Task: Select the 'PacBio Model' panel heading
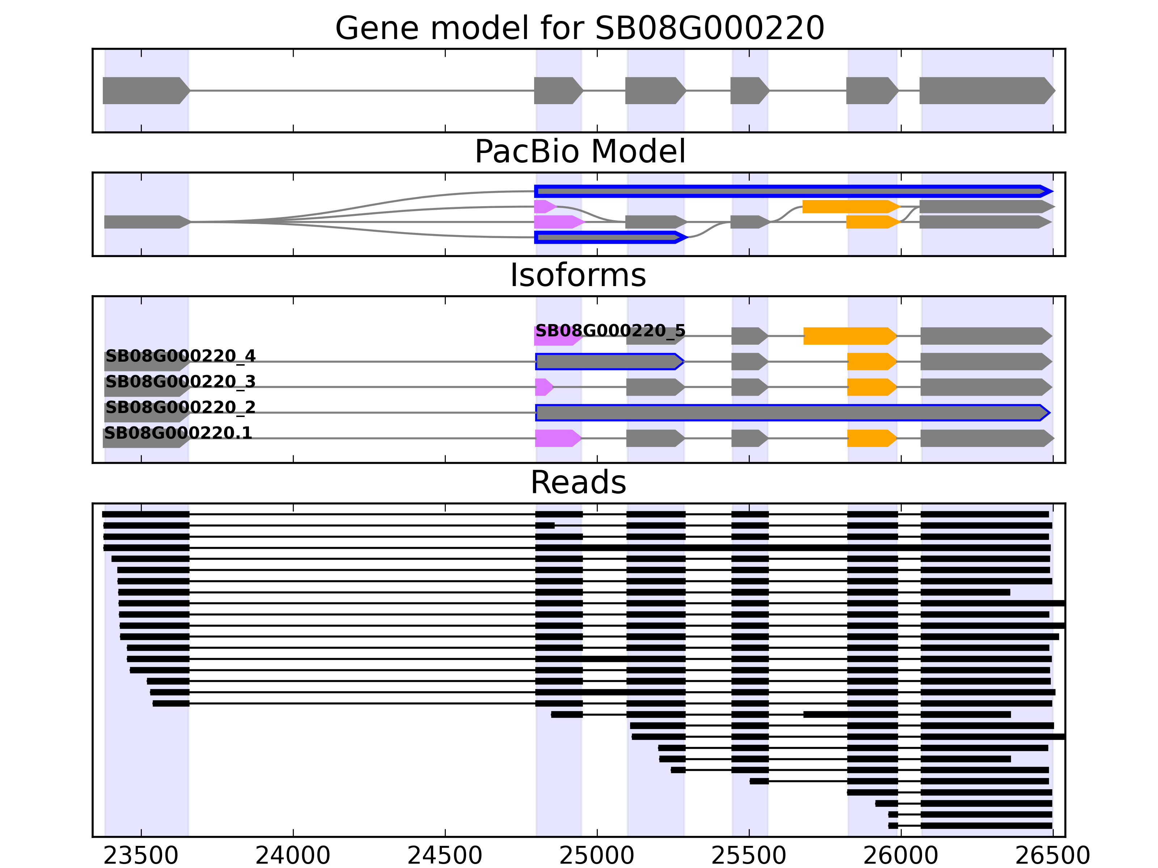click(579, 152)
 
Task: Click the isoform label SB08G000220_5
click(610, 331)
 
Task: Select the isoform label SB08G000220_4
click(180, 356)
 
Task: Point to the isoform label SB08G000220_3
click(180, 382)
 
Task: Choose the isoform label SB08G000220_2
click(180, 407)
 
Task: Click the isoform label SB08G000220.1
click(178, 433)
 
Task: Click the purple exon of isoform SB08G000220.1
click(557, 438)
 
